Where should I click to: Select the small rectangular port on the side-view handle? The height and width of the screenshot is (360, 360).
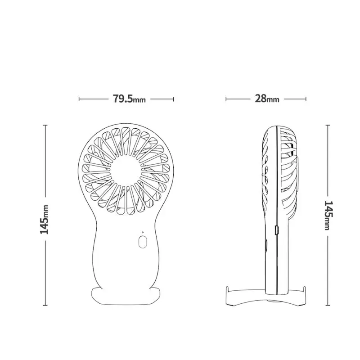pyautogui.click(x=276, y=230)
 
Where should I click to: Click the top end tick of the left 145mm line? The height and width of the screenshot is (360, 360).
pyautogui.click(x=45, y=125)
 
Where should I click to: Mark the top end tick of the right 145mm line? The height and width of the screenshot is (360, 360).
pyautogui.click(x=328, y=125)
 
